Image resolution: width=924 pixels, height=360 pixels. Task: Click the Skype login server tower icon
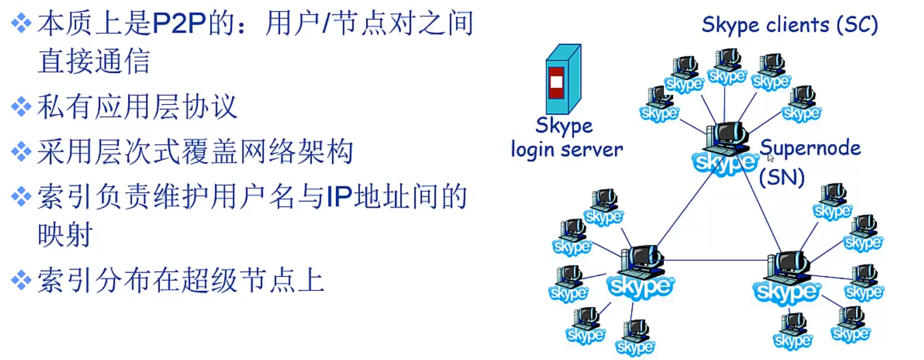pyautogui.click(x=563, y=80)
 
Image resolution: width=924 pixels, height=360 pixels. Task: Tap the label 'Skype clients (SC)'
pyautogui.click(x=790, y=25)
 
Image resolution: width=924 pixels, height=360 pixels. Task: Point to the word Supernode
pyautogui.click(x=810, y=148)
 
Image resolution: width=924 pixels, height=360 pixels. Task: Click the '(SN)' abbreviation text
pyautogui.click(x=782, y=177)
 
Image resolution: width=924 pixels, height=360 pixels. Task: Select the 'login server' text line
pyautogui.click(x=567, y=150)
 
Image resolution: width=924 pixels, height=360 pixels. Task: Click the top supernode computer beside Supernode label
pyautogui.click(x=726, y=139)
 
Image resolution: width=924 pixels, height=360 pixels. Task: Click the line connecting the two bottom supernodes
pyautogui.click(x=713, y=260)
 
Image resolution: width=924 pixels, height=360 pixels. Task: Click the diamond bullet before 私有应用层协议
pyautogui.click(x=21, y=107)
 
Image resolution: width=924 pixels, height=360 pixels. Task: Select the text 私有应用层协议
pyautogui.click(x=137, y=107)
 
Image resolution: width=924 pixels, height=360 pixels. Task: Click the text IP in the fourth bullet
pyautogui.click(x=339, y=197)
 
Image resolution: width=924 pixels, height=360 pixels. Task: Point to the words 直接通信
pyautogui.click(x=94, y=62)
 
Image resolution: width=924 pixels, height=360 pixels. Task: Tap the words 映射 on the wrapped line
pyautogui.click(x=65, y=235)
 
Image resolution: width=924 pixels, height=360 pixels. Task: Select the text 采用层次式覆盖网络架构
pyautogui.click(x=195, y=152)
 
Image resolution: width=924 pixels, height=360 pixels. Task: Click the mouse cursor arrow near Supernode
pyautogui.click(x=770, y=158)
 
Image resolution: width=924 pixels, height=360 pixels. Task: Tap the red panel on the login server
pyautogui.click(x=556, y=82)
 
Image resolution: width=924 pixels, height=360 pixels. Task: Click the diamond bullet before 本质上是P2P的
pyautogui.click(x=21, y=24)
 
